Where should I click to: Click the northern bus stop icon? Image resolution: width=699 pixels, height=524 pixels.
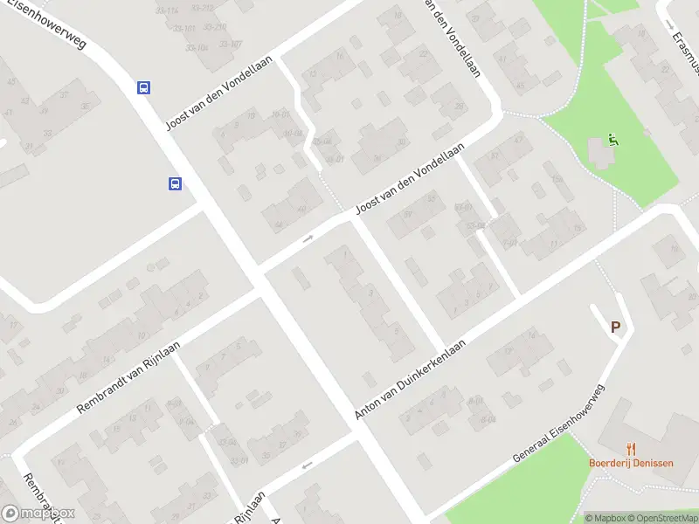142,87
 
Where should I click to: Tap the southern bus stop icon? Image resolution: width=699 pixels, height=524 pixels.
175,183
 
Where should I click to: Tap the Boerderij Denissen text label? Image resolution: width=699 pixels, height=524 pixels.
631,463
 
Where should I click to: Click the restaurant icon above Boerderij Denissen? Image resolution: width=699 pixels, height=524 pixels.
631,449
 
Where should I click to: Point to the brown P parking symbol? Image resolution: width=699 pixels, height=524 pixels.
615,327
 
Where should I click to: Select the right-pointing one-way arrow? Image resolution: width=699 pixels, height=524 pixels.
308,238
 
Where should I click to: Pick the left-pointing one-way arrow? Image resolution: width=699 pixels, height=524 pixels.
306,465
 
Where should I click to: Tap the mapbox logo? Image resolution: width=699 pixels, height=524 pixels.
38,514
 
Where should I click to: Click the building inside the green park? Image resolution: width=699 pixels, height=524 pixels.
601,155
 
